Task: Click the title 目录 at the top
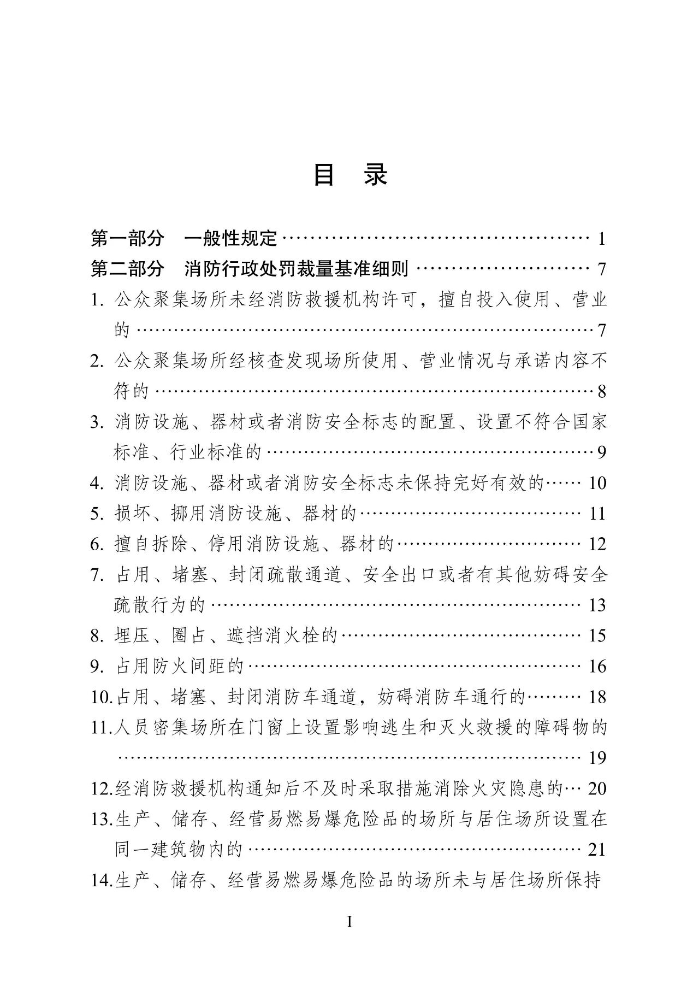[x=349, y=175]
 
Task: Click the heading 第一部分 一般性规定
[x=184, y=238]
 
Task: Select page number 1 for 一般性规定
[x=601, y=239]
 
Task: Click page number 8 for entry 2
[x=601, y=391]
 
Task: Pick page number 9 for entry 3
[x=601, y=452]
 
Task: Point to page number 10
[x=597, y=483]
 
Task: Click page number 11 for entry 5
[x=597, y=514]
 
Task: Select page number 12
[x=597, y=544]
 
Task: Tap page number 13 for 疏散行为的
[x=597, y=605]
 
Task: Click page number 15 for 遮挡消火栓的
[x=597, y=635]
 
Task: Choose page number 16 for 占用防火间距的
[x=597, y=666]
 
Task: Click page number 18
[x=597, y=697]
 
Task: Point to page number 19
[x=597, y=758]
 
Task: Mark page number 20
[x=597, y=788]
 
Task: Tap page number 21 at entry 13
[x=597, y=850]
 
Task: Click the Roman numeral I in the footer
[x=349, y=922]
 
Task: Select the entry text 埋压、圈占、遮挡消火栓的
[x=226, y=635]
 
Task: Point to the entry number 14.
[x=101, y=880]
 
